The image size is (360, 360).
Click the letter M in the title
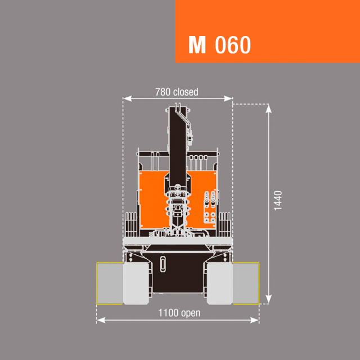(x=197, y=45)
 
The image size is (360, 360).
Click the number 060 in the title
(x=233, y=45)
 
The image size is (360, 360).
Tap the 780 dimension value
(x=163, y=92)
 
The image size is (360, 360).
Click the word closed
(x=186, y=92)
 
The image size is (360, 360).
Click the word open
(x=191, y=313)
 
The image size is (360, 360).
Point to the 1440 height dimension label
(x=278, y=200)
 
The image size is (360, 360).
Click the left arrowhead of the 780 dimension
(x=127, y=99)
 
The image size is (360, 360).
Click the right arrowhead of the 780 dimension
(x=228, y=99)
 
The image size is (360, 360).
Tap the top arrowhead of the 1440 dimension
(x=268, y=109)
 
